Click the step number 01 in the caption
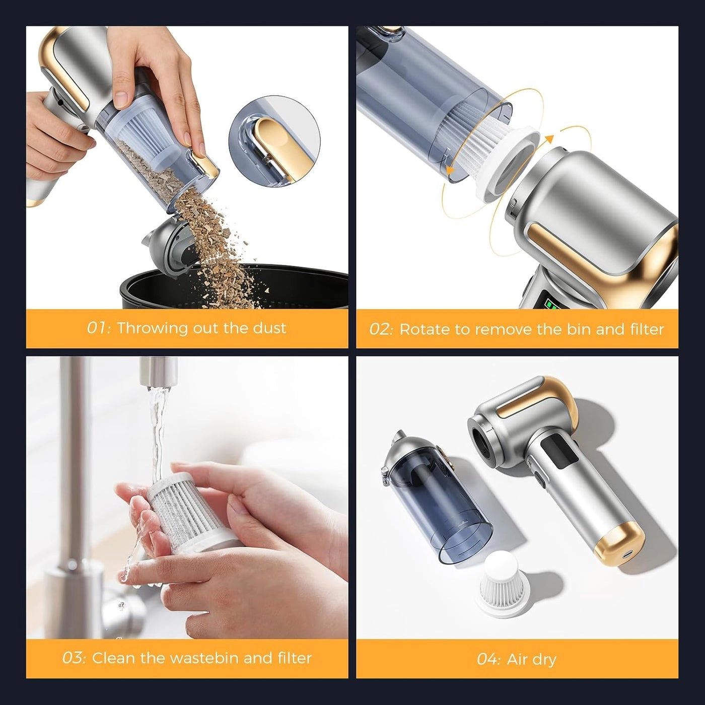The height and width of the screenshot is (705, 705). (x=98, y=328)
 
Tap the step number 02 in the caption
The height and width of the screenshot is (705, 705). (x=381, y=330)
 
